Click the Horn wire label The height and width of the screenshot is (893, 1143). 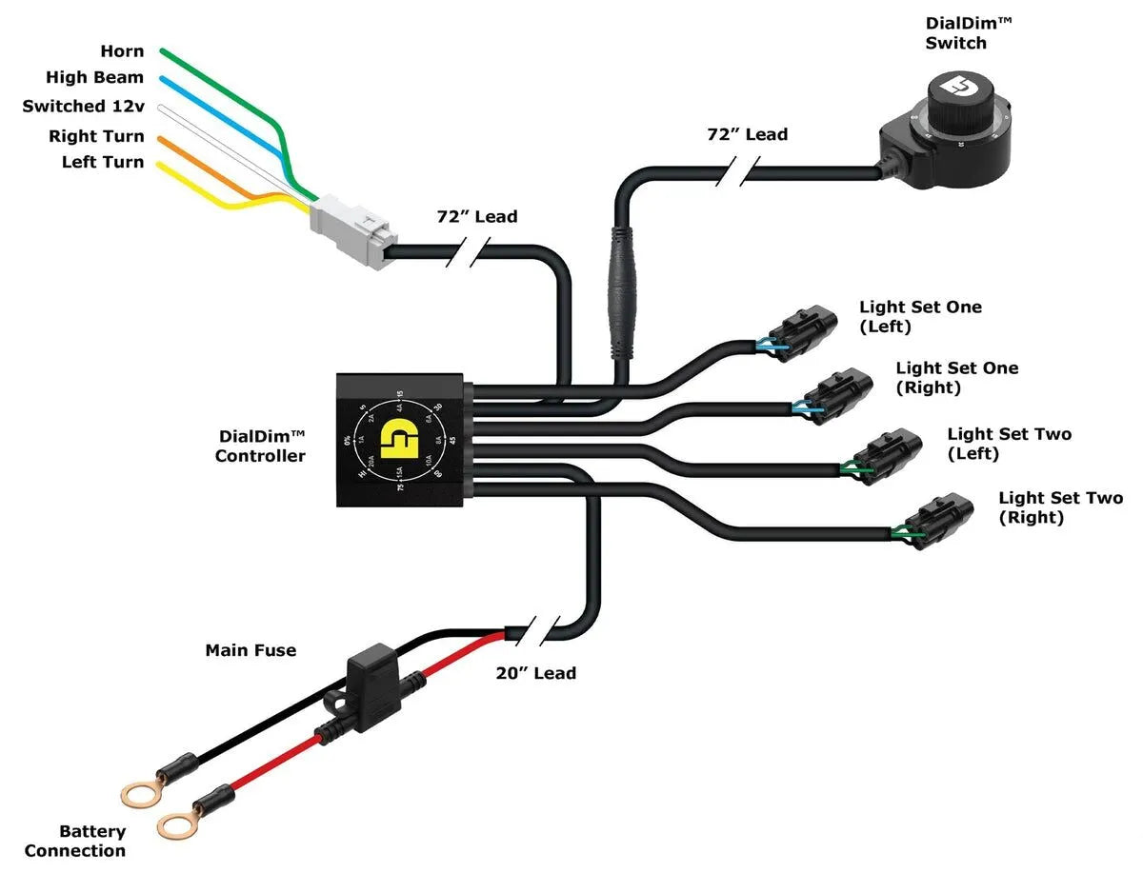[122, 51]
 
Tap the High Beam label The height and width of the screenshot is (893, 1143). [95, 78]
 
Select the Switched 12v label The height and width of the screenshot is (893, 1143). [84, 107]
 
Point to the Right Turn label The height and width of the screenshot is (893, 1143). [96, 136]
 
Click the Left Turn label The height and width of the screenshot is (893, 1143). [103, 163]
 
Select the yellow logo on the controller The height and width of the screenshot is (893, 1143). [398, 440]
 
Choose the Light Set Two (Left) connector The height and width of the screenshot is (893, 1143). [888, 455]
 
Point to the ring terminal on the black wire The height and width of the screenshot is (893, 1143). [141, 793]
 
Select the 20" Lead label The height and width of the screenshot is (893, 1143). [535, 673]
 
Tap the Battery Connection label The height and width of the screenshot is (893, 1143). [76, 842]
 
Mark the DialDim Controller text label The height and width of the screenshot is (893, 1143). [260, 446]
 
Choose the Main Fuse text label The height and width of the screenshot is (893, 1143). [251, 651]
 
